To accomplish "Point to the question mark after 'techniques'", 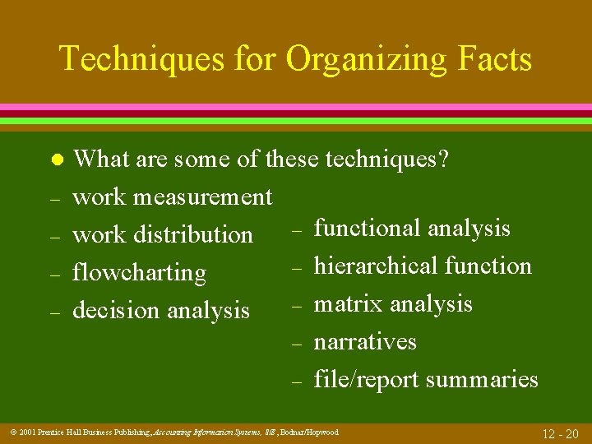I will coord(443,159).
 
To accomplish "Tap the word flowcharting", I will coord(139,272).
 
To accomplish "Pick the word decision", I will coord(116,310).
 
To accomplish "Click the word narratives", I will coord(365,341).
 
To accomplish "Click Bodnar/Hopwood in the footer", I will coord(309,432).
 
